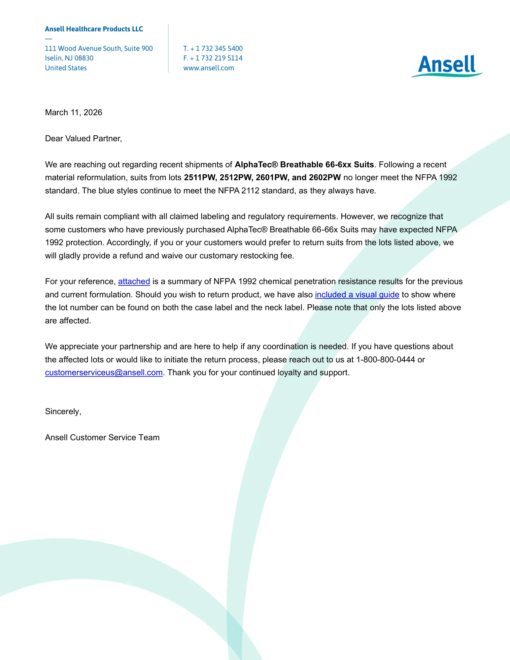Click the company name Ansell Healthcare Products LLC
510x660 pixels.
click(94, 29)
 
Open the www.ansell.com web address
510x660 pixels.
click(209, 68)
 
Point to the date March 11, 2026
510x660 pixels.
click(73, 113)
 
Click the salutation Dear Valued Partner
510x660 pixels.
click(83, 139)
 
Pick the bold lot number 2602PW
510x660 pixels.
click(325, 178)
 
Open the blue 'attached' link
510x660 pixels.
click(134, 281)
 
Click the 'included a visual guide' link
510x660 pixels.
click(357, 295)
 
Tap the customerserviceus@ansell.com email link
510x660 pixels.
click(104, 373)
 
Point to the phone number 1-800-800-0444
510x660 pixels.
click(385, 360)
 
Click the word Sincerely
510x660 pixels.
click(63, 412)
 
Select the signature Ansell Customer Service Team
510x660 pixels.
click(102, 438)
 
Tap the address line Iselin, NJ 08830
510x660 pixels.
click(69, 58)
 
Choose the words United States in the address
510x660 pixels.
click(66, 68)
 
